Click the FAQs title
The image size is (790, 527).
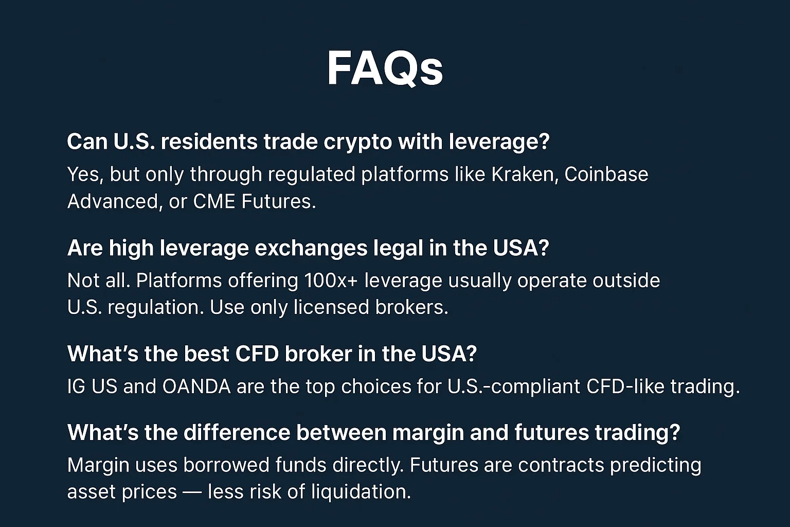(385, 69)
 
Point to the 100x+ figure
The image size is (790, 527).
(331, 280)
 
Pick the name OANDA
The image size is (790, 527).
(196, 387)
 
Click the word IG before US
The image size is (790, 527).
(76, 387)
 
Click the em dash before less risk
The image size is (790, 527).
(192, 492)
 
